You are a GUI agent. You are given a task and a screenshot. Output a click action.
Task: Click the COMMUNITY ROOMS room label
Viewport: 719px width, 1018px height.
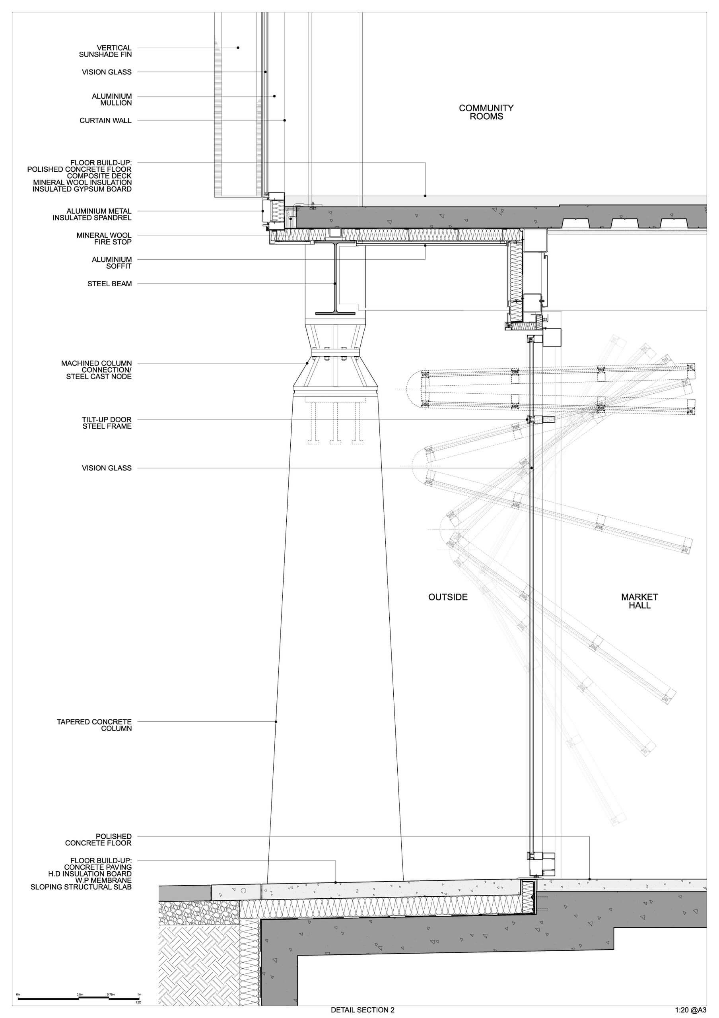[x=486, y=112]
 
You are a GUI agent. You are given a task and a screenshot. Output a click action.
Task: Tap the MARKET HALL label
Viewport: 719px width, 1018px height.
[x=639, y=601]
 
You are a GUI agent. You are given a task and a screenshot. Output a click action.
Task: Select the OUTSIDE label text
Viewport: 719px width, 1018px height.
[x=448, y=597]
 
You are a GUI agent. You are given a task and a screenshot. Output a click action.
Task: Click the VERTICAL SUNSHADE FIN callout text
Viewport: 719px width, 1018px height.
[x=105, y=51]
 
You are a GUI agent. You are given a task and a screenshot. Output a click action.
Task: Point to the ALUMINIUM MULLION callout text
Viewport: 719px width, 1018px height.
[x=112, y=99]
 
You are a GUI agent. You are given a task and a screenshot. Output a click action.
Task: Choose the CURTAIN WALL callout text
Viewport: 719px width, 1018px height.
[x=105, y=120]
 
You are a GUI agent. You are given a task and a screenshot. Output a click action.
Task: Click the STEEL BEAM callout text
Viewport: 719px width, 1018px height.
[x=109, y=284]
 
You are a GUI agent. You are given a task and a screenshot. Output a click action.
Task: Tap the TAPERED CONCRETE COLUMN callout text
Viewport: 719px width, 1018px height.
[x=94, y=725]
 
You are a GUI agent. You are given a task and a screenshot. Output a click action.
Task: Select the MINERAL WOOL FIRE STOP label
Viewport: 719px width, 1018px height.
[x=104, y=239]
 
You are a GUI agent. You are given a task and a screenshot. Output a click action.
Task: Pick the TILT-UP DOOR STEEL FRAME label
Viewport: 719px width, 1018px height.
[x=107, y=423]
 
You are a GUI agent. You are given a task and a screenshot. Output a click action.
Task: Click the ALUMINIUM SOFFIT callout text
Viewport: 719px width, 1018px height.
[x=112, y=262]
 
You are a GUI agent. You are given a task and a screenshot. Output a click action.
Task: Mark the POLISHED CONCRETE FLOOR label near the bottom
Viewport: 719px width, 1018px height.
[x=98, y=839]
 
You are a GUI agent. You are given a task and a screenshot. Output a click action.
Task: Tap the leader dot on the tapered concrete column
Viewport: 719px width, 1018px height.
[x=276, y=722]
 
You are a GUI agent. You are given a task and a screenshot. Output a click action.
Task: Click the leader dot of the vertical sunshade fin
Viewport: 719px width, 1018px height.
[x=238, y=48]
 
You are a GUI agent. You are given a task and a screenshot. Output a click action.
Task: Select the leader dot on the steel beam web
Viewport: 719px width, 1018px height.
[x=335, y=284]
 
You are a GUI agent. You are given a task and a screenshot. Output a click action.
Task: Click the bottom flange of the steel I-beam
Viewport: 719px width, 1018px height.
[x=336, y=313]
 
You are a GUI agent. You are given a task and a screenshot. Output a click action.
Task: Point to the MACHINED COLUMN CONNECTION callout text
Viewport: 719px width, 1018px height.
[x=97, y=370]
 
